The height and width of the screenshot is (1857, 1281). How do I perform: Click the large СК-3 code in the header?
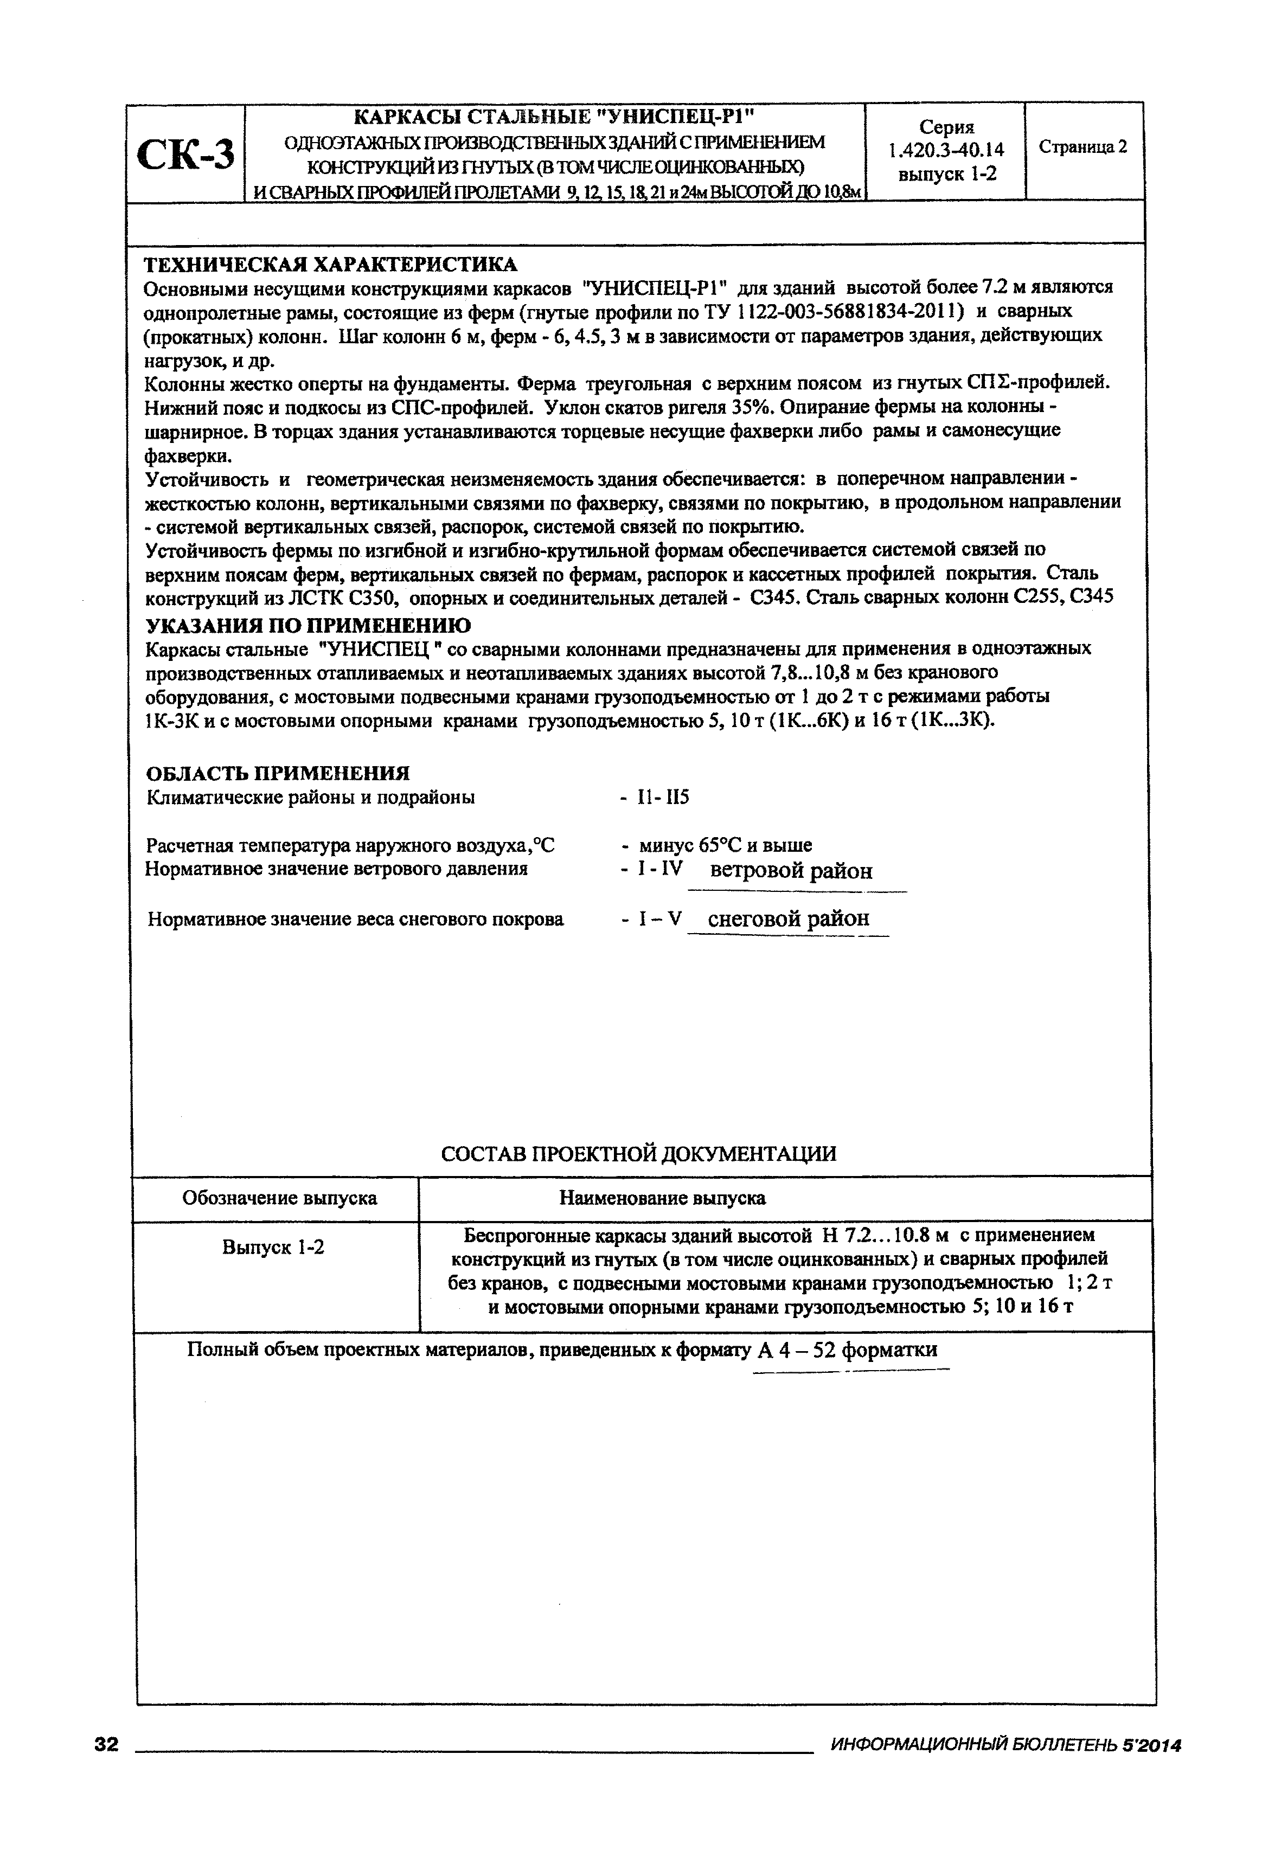pyautogui.click(x=186, y=154)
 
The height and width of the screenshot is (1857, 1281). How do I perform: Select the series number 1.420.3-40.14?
pyautogui.click(x=946, y=150)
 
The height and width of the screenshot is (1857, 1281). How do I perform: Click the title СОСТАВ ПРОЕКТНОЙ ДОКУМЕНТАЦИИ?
pyautogui.click(x=638, y=1153)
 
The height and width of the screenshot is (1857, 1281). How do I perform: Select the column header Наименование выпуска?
pyautogui.click(x=662, y=1198)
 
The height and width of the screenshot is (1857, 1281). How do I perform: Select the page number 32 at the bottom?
pyautogui.click(x=106, y=1762)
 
